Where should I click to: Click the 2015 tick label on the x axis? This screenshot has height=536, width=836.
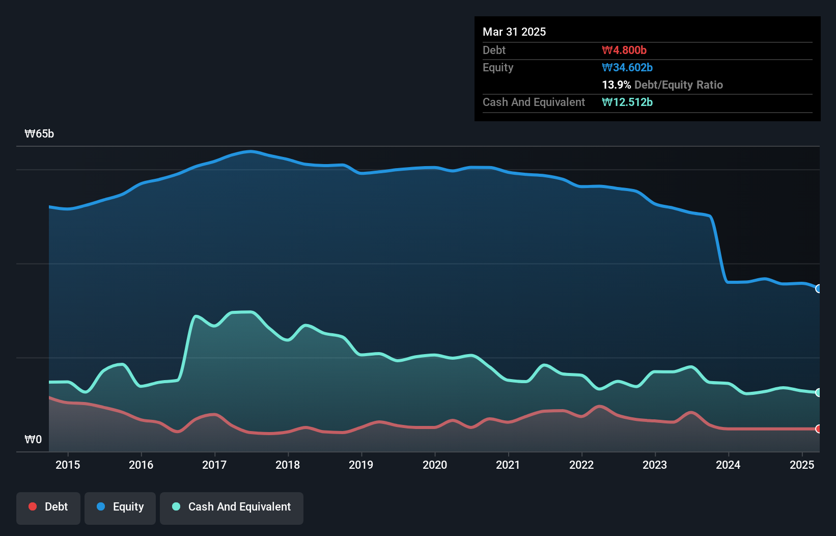pos(68,465)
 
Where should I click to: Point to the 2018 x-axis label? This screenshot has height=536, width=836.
pos(288,465)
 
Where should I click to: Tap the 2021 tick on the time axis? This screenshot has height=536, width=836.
pos(508,465)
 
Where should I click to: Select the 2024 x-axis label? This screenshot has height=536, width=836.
pos(728,465)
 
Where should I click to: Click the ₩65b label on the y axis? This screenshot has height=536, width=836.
pos(39,134)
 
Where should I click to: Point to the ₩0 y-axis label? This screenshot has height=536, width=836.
pos(33,439)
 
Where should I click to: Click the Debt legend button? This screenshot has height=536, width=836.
pos(48,507)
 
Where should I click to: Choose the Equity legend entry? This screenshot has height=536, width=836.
pos(120,507)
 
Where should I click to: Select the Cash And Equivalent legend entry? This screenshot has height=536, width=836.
pos(232,507)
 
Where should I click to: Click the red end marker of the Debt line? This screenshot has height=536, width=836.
pos(818,429)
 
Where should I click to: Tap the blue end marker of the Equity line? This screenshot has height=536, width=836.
pos(818,289)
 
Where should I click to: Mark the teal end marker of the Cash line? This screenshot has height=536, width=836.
pos(818,392)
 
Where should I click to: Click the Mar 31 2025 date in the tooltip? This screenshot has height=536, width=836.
pos(514,32)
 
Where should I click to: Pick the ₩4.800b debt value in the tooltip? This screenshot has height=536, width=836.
pos(624,50)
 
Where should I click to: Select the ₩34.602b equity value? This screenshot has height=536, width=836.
pos(627,67)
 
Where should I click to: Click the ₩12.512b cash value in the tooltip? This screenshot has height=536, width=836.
pos(627,102)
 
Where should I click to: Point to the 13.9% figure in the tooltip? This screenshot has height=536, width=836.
pos(616,85)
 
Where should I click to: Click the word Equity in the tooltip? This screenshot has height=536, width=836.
pos(498,67)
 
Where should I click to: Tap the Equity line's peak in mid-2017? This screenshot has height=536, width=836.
pos(250,151)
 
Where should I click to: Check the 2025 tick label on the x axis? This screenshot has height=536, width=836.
pos(801,465)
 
